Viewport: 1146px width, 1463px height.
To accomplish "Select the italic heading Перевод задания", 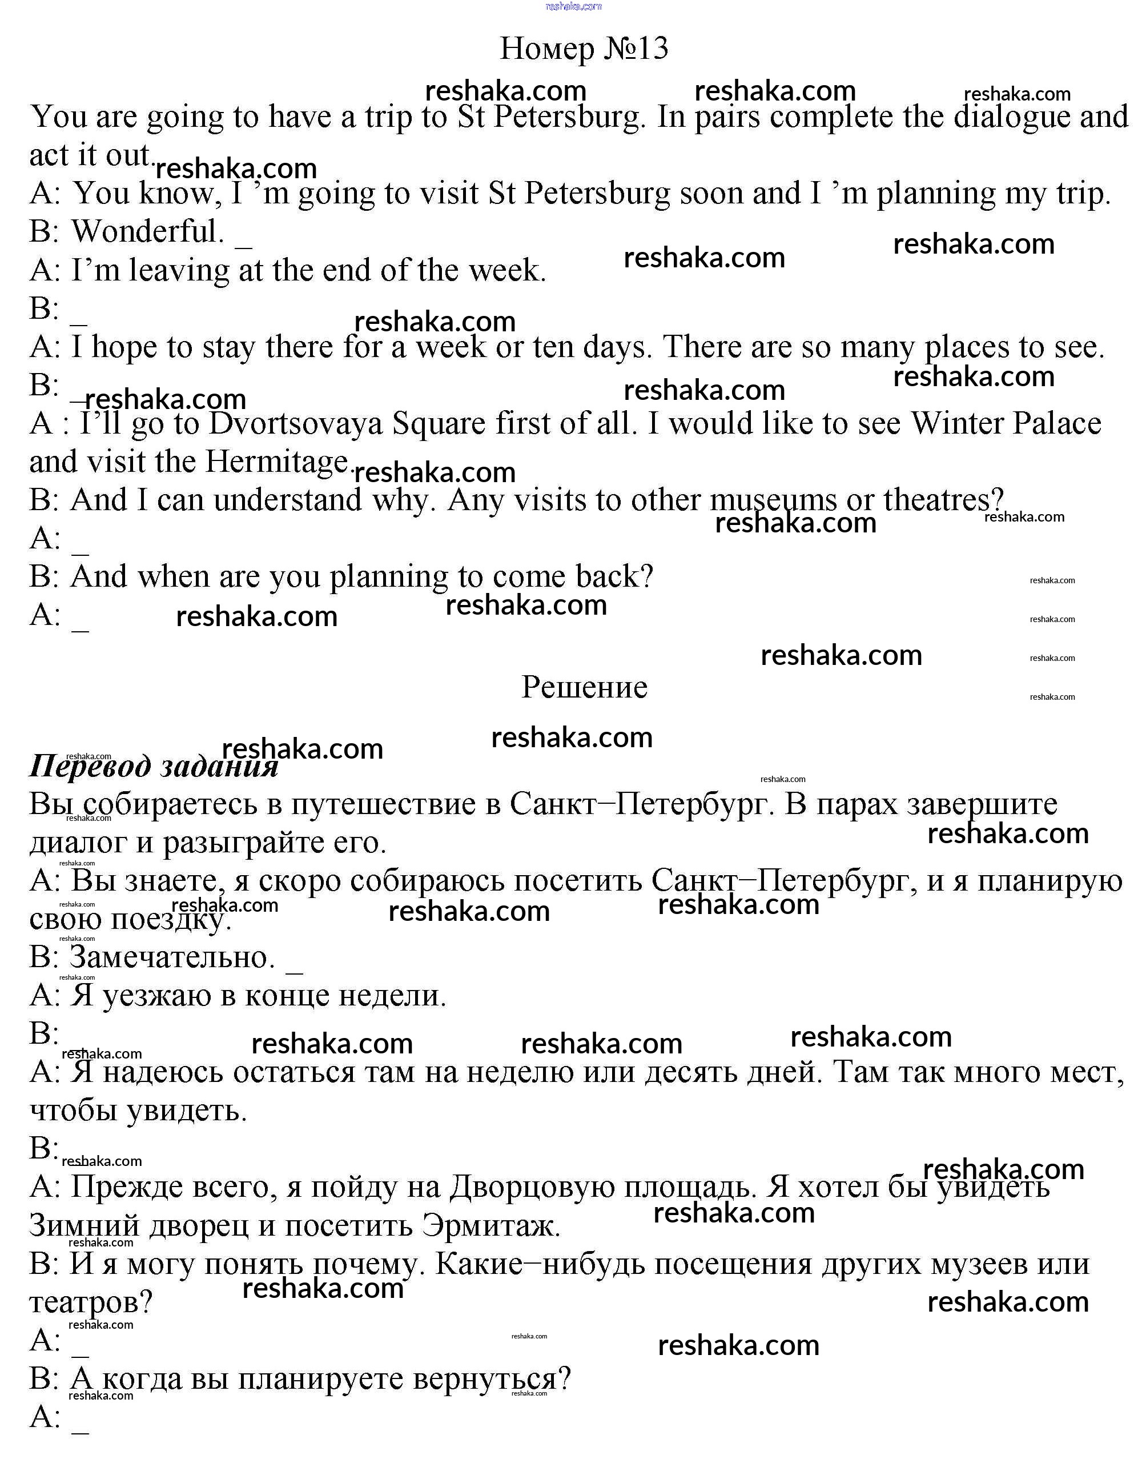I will [154, 765].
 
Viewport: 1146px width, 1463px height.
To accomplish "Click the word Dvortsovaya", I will [296, 423].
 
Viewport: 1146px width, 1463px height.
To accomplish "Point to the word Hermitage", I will [277, 462].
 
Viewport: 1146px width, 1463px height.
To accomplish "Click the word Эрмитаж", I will [490, 1226].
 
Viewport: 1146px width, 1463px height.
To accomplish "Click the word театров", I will [91, 1302].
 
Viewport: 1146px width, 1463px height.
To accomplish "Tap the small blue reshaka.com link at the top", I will [574, 7].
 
